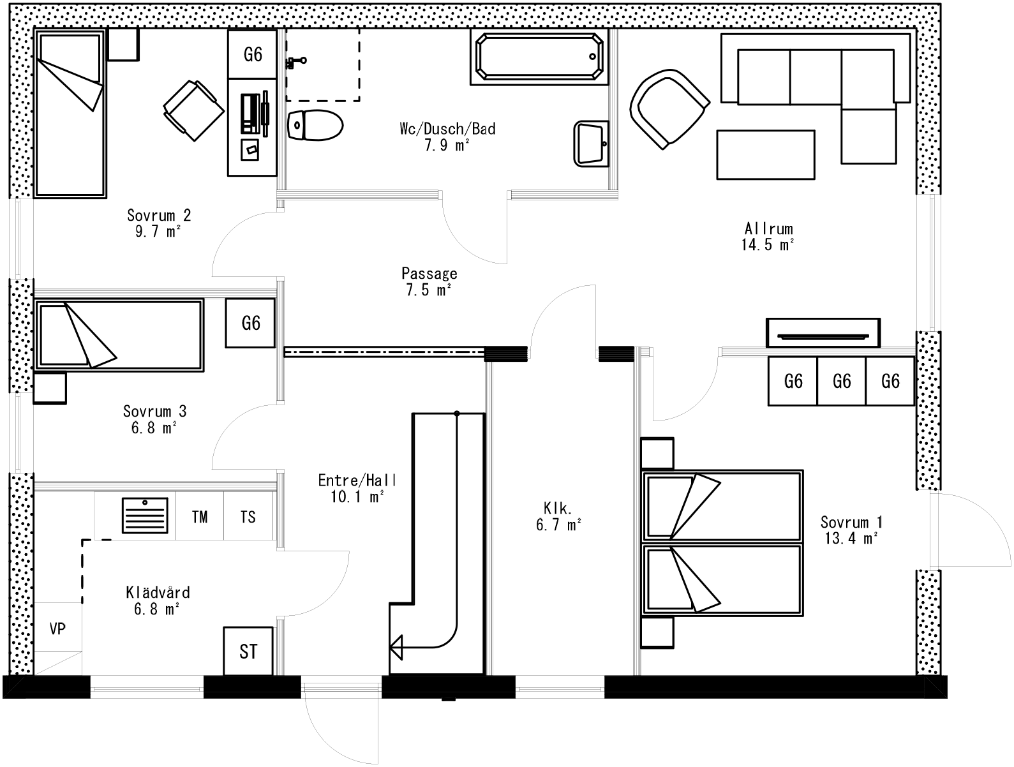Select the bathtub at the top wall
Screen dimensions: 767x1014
[540, 57]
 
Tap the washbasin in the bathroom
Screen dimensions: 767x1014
[591, 144]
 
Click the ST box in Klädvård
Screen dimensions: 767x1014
[248, 651]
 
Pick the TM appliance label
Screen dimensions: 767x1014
[200, 516]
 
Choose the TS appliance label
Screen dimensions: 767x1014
[248, 516]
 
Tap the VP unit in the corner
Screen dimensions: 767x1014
[57, 629]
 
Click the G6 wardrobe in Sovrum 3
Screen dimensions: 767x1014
[251, 324]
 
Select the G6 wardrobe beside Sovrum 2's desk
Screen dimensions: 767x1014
[253, 54]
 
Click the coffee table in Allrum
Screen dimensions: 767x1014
[765, 154]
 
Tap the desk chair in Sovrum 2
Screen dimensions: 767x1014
[193, 110]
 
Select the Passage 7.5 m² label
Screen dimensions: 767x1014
[429, 281]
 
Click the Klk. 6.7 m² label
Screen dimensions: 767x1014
[562, 516]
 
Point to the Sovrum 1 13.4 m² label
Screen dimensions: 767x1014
[851, 530]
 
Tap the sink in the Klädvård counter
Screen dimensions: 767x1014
[145, 515]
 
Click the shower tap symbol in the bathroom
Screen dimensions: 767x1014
[296, 62]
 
